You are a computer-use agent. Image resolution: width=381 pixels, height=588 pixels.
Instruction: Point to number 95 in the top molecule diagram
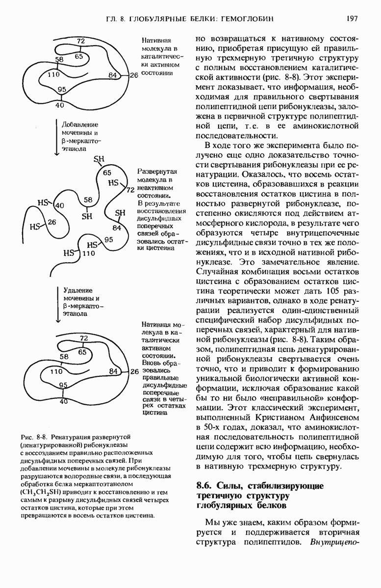click(62, 89)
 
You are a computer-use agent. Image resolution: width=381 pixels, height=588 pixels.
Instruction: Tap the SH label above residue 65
click(100, 159)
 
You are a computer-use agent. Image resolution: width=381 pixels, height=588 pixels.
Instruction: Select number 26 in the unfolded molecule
click(51, 222)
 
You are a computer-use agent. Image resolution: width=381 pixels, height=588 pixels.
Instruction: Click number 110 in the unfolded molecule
click(89, 254)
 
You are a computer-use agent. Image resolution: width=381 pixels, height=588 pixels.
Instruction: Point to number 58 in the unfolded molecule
click(88, 200)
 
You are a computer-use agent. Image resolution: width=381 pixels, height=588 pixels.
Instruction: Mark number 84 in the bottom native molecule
click(113, 372)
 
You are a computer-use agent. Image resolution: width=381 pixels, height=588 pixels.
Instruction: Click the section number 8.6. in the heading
click(204, 486)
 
